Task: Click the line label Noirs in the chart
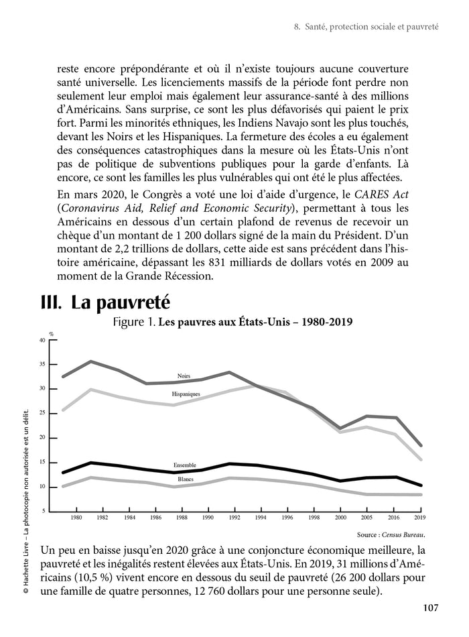(184, 376)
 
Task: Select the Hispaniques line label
(186, 394)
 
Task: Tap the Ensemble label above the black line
(184, 465)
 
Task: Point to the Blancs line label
(186, 479)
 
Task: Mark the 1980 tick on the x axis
(76, 518)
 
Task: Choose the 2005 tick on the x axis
(362, 518)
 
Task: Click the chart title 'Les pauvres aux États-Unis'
(255, 322)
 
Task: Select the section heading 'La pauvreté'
(107, 302)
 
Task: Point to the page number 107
(430, 608)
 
